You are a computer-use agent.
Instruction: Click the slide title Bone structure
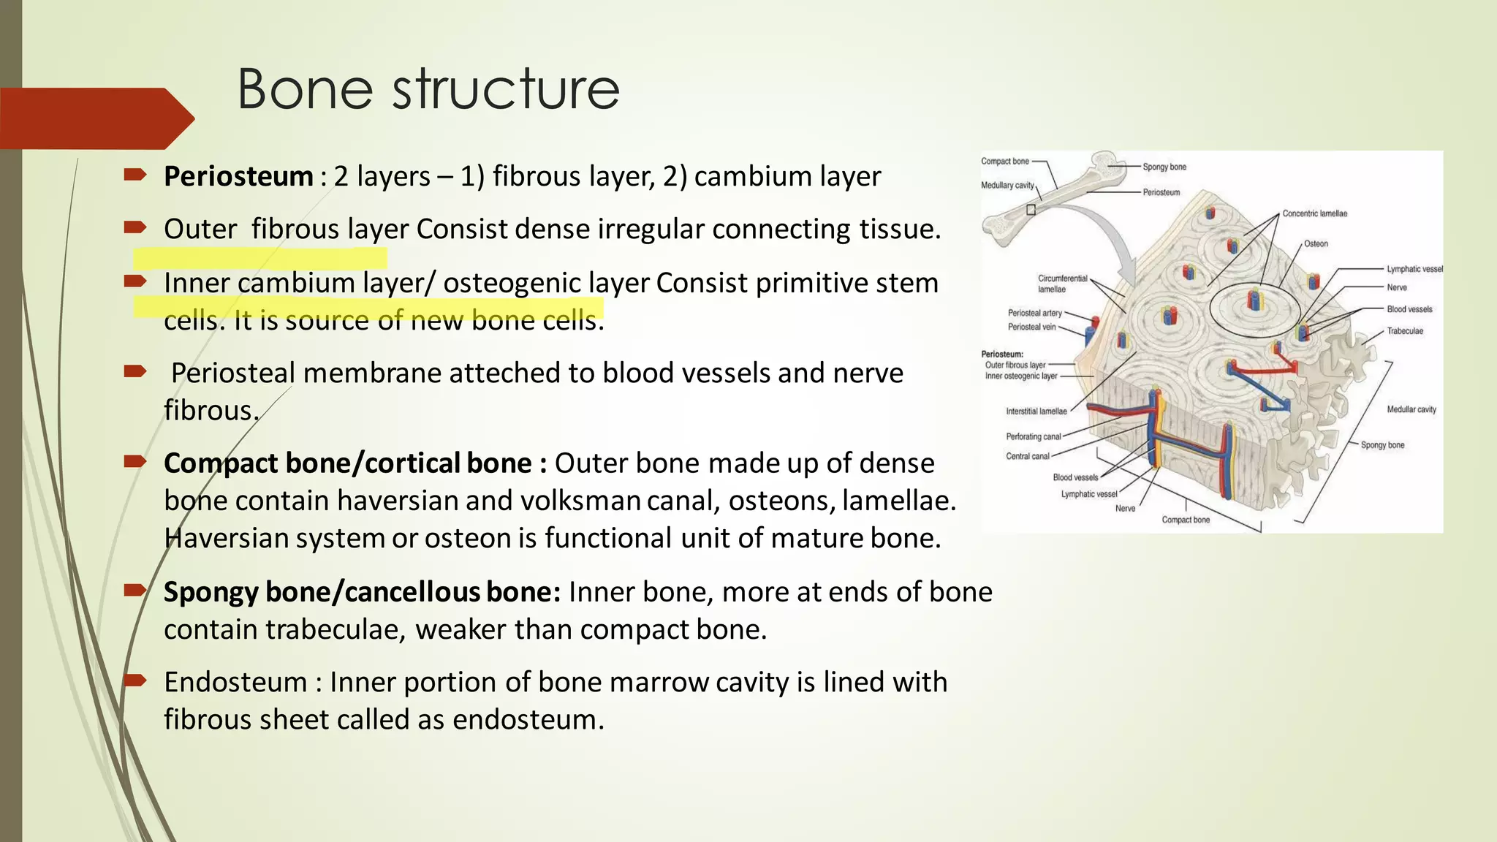pyautogui.click(x=428, y=89)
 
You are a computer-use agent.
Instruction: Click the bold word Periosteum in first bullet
pyautogui.click(x=238, y=176)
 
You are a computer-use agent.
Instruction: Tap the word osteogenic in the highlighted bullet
pyautogui.click(x=512, y=283)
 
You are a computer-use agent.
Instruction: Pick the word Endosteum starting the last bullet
pyautogui.click(x=235, y=682)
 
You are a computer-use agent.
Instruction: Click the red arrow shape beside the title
pyautogui.click(x=95, y=118)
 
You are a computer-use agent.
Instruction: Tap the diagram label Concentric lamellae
pyautogui.click(x=1314, y=213)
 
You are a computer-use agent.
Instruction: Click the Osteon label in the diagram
pyautogui.click(x=1316, y=243)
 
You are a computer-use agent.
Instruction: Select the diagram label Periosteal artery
pyautogui.click(x=1034, y=313)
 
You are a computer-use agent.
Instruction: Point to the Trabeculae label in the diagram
pyautogui.click(x=1405, y=331)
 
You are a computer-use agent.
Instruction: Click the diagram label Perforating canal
pyautogui.click(x=1033, y=436)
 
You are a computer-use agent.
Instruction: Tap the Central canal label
pyautogui.click(x=1027, y=456)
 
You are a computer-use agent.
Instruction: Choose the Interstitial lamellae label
pyautogui.click(x=1036, y=411)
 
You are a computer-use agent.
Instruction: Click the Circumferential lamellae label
pyautogui.click(x=1061, y=284)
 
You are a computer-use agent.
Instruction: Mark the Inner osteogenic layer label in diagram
pyautogui.click(x=1020, y=376)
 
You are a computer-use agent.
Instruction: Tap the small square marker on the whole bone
pyautogui.click(x=1031, y=210)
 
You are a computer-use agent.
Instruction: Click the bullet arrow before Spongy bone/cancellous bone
pyautogui.click(x=135, y=591)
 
